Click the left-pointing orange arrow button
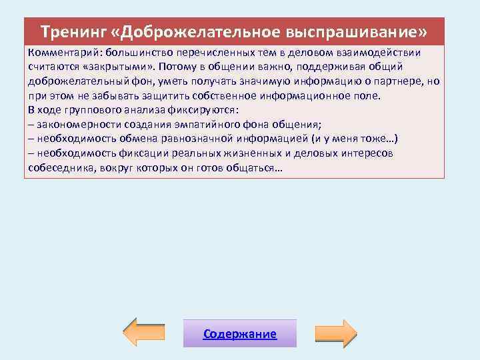pos(141,333)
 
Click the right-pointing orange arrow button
pos(336,333)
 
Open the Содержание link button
pos(240,333)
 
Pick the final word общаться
pos(255,168)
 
